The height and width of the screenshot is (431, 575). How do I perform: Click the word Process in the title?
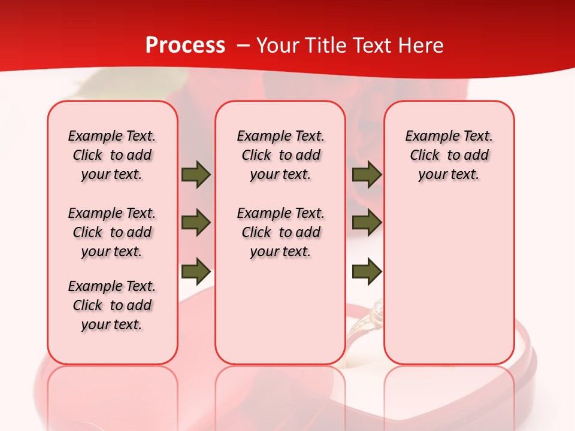185,45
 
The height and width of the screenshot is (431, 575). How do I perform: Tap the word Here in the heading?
422,45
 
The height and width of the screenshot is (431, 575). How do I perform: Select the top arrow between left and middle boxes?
196,175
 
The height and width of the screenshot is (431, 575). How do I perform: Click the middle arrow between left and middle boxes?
196,223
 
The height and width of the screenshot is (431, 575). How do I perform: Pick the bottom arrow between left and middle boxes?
196,271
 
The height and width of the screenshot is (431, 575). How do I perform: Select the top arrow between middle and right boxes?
367,175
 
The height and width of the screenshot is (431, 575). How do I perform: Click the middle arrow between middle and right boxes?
367,223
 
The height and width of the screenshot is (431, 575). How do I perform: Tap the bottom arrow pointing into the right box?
367,271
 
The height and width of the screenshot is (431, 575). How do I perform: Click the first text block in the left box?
112,155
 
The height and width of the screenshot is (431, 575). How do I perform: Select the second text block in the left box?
112,232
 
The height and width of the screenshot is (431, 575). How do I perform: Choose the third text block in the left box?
112,305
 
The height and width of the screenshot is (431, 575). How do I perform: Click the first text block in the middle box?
280,155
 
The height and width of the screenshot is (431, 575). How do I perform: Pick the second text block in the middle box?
280,232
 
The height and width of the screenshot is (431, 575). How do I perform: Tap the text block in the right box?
449,155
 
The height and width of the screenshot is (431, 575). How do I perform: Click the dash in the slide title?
243,46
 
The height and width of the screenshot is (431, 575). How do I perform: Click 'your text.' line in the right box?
449,175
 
